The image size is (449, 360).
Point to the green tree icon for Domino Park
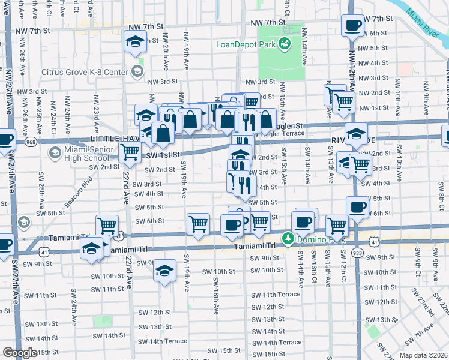pos(288,239)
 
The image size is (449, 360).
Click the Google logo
pos(19,353)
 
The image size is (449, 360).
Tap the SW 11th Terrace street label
pos(276,295)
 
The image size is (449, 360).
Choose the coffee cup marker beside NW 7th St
pos(352,26)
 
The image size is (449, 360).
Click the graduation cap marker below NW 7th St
pos(135,42)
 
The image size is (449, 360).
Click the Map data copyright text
pos(423,355)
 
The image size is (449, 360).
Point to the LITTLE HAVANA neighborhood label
pos(119,138)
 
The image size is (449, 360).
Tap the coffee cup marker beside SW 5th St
pos(358,208)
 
